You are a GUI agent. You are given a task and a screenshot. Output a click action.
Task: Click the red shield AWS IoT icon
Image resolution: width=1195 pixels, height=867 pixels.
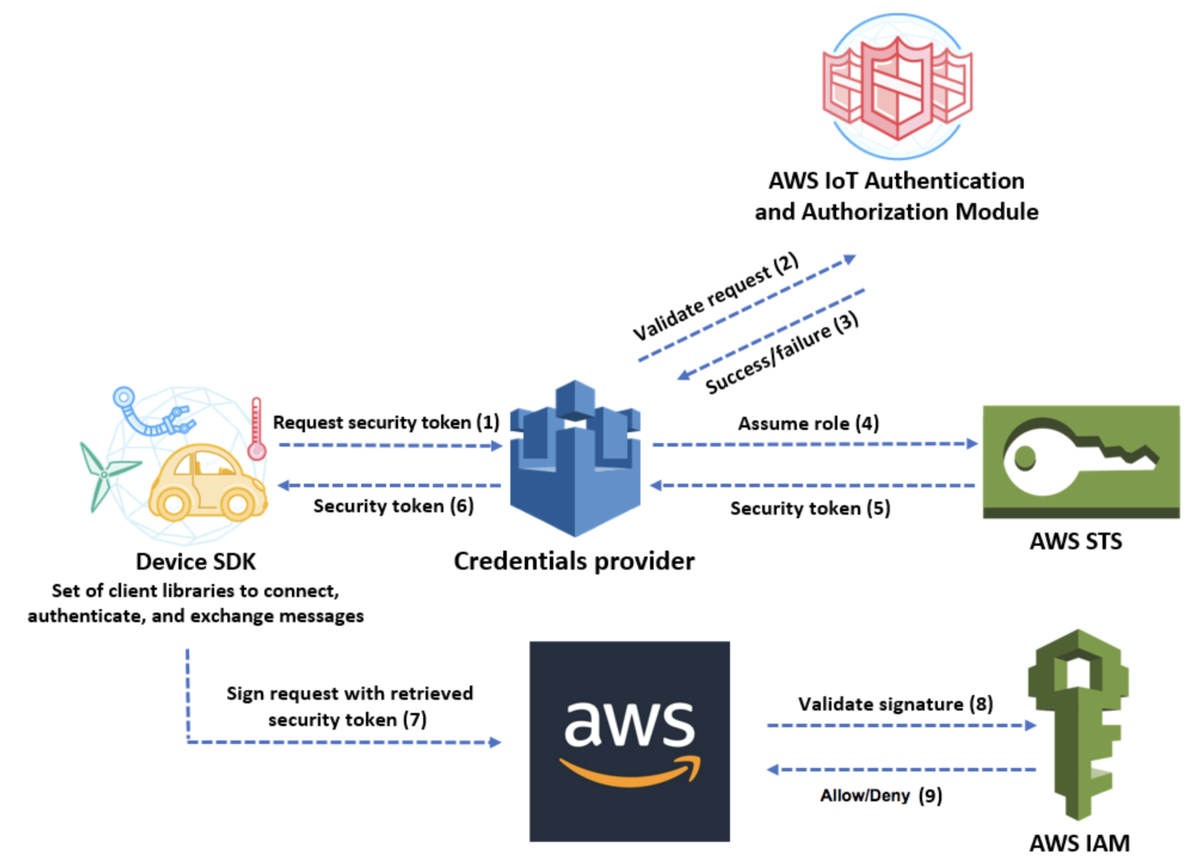[x=897, y=87]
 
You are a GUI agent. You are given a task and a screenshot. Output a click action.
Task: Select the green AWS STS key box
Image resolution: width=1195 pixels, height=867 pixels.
[x=1081, y=461]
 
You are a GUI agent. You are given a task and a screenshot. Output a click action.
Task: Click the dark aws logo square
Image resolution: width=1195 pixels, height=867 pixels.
[x=629, y=741]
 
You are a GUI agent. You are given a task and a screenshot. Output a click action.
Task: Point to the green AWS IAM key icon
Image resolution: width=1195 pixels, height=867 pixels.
[x=1078, y=723]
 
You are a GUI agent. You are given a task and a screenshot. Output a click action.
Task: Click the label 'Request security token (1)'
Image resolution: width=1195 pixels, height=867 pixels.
[x=386, y=422]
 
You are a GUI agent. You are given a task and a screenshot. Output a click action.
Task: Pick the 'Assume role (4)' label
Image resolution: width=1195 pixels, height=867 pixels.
[x=808, y=423]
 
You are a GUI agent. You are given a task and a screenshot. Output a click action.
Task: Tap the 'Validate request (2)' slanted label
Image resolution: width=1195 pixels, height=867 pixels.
[x=715, y=296]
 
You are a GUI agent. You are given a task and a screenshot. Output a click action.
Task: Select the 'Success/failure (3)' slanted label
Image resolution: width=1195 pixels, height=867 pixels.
[x=781, y=353]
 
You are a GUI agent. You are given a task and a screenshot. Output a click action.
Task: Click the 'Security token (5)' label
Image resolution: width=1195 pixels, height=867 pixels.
[x=810, y=508]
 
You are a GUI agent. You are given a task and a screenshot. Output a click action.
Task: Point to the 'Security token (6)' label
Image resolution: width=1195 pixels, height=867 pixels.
[x=393, y=506]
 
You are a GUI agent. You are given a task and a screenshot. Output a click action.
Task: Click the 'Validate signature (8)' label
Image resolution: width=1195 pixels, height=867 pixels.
[x=895, y=704]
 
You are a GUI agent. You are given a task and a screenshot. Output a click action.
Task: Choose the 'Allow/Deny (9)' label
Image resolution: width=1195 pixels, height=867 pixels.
[x=881, y=795]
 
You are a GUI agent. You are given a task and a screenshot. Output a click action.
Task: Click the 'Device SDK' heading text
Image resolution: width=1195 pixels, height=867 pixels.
[x=196, y=561]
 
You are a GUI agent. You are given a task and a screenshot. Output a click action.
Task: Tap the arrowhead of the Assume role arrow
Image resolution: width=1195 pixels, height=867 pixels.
[x=972, y=444]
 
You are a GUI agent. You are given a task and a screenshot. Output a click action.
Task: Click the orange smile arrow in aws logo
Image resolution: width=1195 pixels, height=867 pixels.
[x=630, y=773]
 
